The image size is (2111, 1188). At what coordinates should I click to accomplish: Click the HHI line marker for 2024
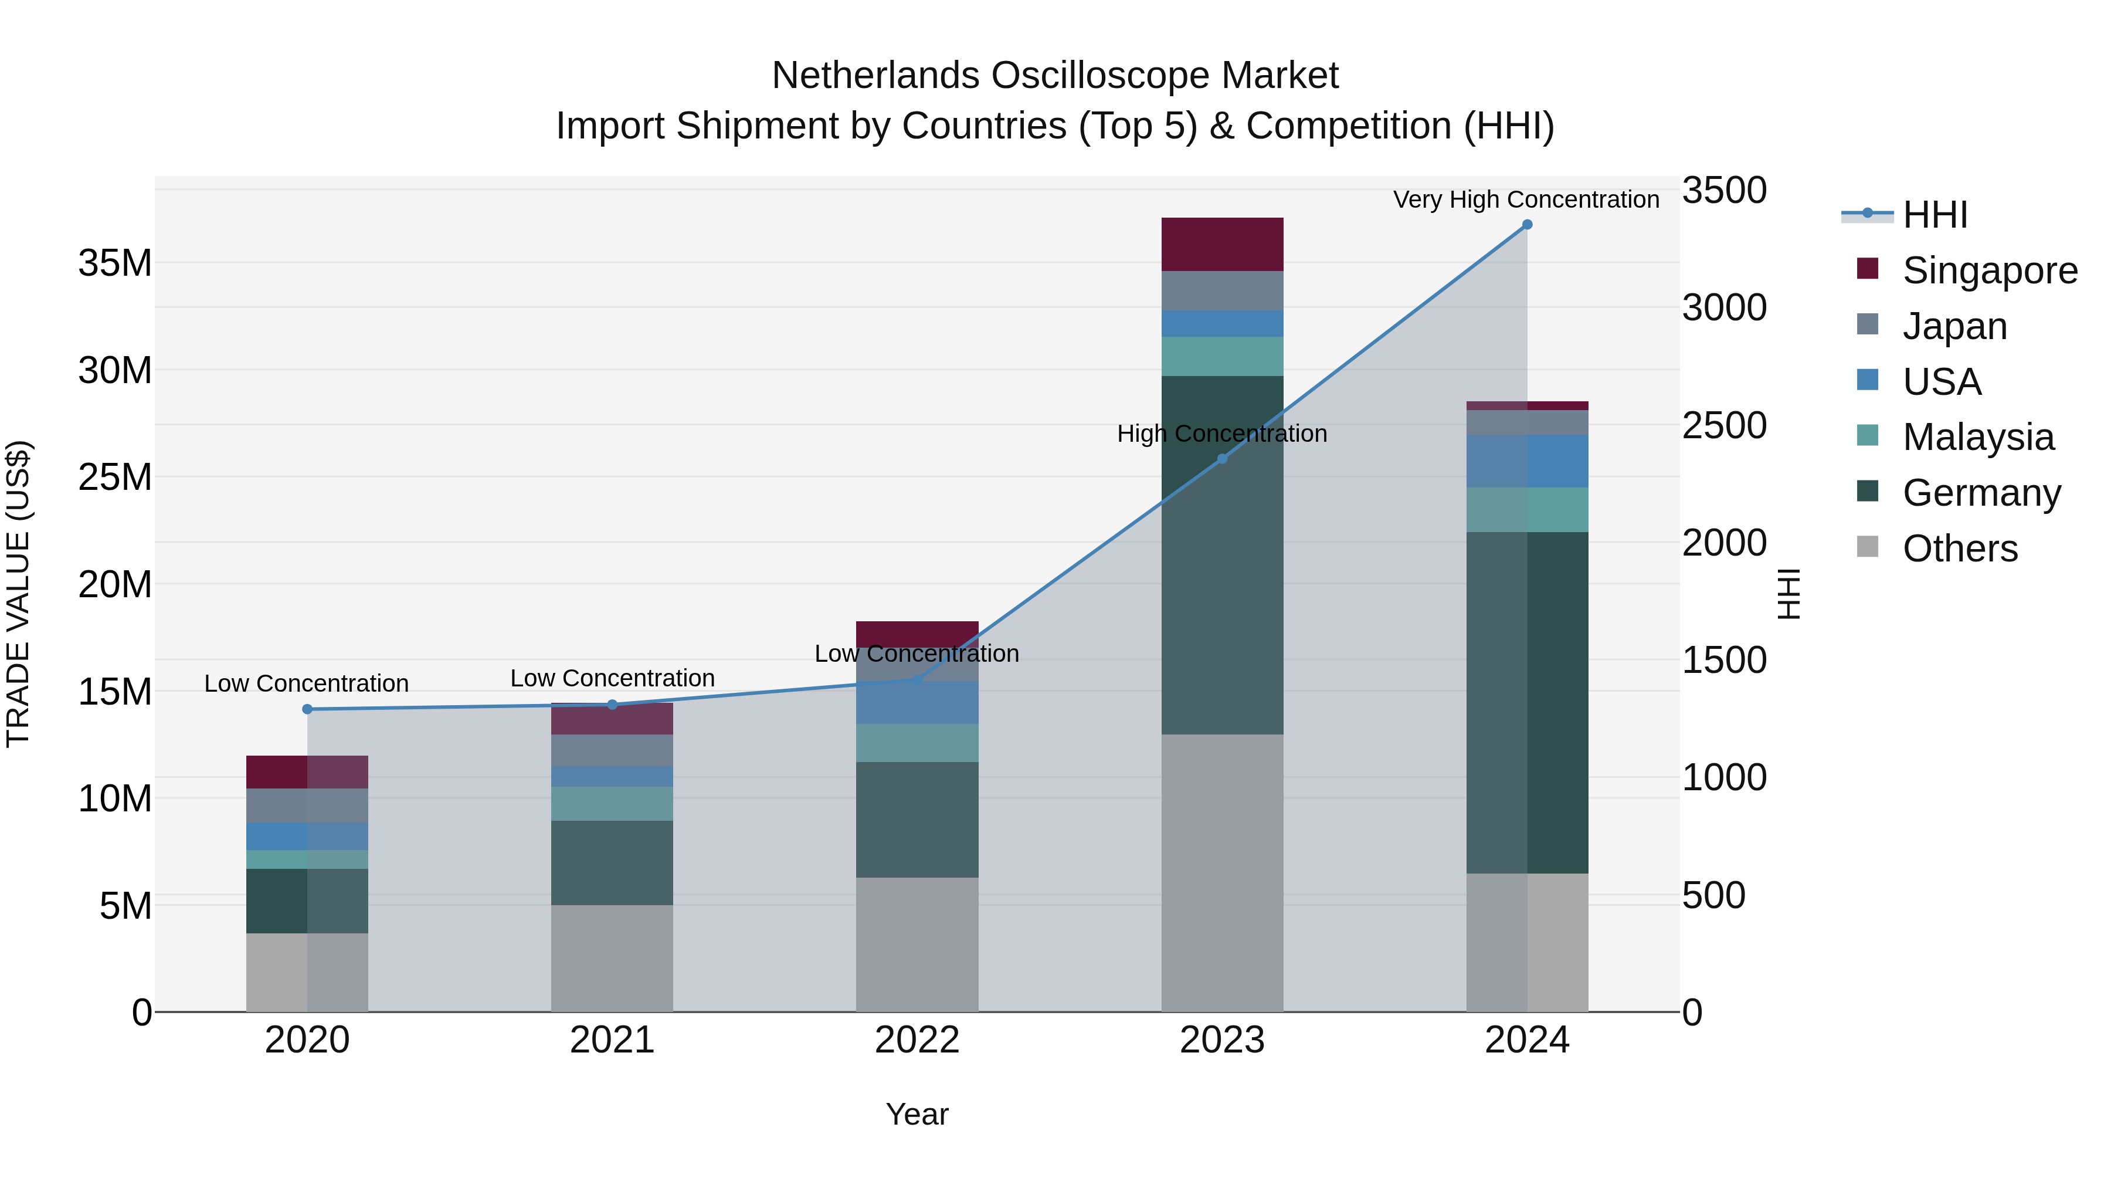click(1527, 225)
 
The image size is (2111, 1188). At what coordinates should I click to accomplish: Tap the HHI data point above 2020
click(307, 709)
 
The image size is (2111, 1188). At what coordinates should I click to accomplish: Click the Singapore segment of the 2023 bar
click(1222, 244)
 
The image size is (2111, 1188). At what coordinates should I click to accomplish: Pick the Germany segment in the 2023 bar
click(1222, 555)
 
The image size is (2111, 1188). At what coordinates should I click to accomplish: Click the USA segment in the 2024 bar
click(1527, 462)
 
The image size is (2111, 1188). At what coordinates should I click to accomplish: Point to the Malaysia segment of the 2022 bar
click(917, 743)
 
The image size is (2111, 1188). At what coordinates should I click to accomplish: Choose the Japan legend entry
click(1954, 326)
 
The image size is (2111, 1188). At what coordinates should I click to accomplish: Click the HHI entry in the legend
click(1934, 215)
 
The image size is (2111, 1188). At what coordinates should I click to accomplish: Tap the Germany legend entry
click(1981, 493)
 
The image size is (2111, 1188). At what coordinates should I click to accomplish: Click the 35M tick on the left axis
click(115, 264)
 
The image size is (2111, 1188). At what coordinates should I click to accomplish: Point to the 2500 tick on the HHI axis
click(1724, 425)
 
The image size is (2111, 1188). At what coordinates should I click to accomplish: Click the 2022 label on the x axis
click(917, 1040)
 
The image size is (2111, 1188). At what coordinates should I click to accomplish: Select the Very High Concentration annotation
click(1526, 199)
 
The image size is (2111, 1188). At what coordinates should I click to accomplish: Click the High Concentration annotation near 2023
click(1222, 434)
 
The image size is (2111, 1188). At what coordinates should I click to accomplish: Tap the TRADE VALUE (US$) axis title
click(18, 594)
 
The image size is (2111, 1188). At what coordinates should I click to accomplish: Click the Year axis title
click(917, 1114)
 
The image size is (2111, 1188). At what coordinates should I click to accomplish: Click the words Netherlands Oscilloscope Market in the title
click(1055, 76)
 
